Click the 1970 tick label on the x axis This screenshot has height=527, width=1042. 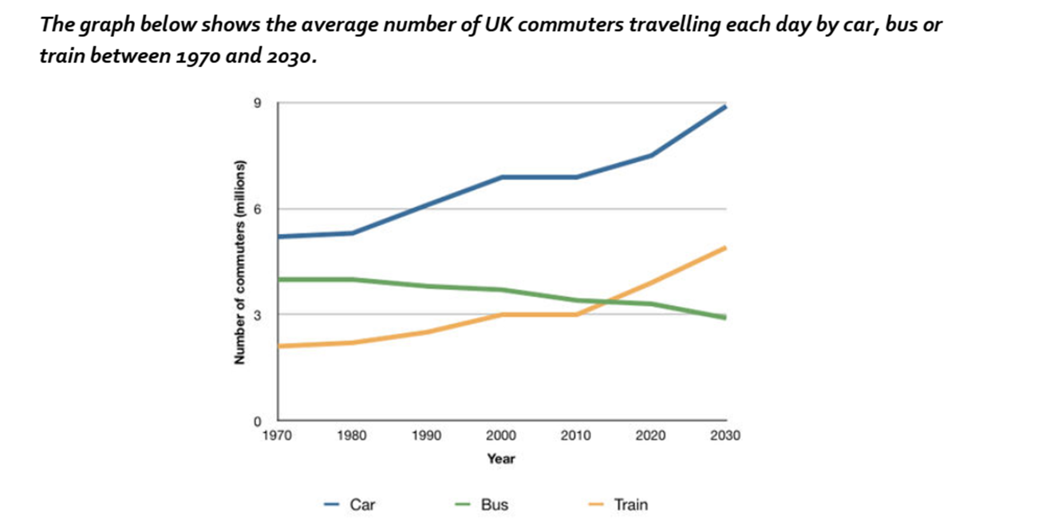click(x=277, y=437)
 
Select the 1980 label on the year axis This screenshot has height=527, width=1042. click(x=352, y=437)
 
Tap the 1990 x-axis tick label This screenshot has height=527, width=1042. click(x=426, y=437)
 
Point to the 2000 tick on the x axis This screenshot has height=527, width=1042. click(x=501, y=437)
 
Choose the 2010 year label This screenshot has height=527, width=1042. click(x=576, y=437)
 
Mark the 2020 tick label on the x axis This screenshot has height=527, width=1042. click(x=651, y=437)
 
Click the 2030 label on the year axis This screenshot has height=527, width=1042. click(x=725, y=437)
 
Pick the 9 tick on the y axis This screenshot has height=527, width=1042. click(x=258, y=103)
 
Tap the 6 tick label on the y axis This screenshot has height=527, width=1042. click(x=258, y=209)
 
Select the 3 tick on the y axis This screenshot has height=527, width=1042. click(x=258, y=315)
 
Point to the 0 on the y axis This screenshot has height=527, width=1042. click(x=258, y=421)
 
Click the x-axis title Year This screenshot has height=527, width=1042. click(x=501, y=459)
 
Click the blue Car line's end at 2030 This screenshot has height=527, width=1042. click(x=725, y=106)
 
